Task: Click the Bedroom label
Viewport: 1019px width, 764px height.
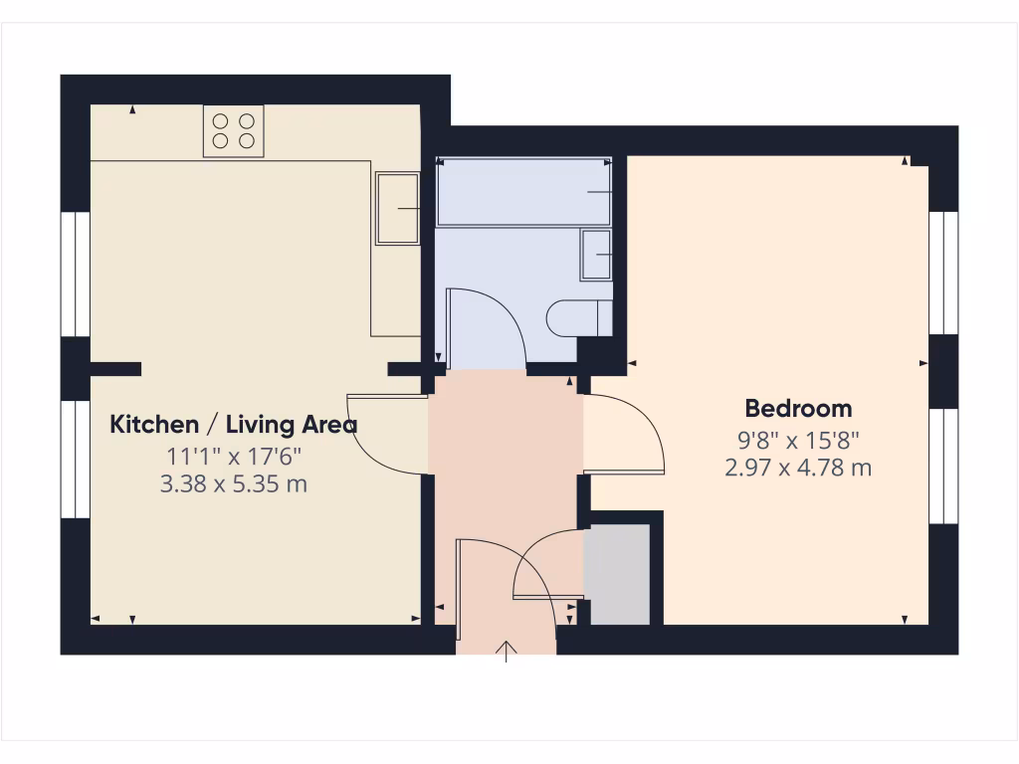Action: [798, 408]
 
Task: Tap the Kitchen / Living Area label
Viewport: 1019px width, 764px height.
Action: [233, 425]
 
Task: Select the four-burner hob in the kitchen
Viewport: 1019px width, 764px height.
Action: [234, 130]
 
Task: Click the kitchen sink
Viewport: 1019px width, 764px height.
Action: [398, 208]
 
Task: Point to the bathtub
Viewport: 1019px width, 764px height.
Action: [523, 191]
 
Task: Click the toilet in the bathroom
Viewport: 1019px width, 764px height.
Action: [578, 317]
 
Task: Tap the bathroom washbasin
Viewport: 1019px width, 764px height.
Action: [596, 255]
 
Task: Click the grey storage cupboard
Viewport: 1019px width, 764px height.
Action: [617, 576]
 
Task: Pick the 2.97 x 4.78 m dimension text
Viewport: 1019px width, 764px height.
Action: [798, 467]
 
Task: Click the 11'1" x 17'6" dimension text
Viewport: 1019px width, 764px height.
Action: [233, 457]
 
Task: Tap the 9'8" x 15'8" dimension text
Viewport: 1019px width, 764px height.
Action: [798, 438]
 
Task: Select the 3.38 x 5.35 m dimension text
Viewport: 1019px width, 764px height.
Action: [233, 485]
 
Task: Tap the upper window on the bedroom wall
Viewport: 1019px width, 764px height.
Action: [942, 272]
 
